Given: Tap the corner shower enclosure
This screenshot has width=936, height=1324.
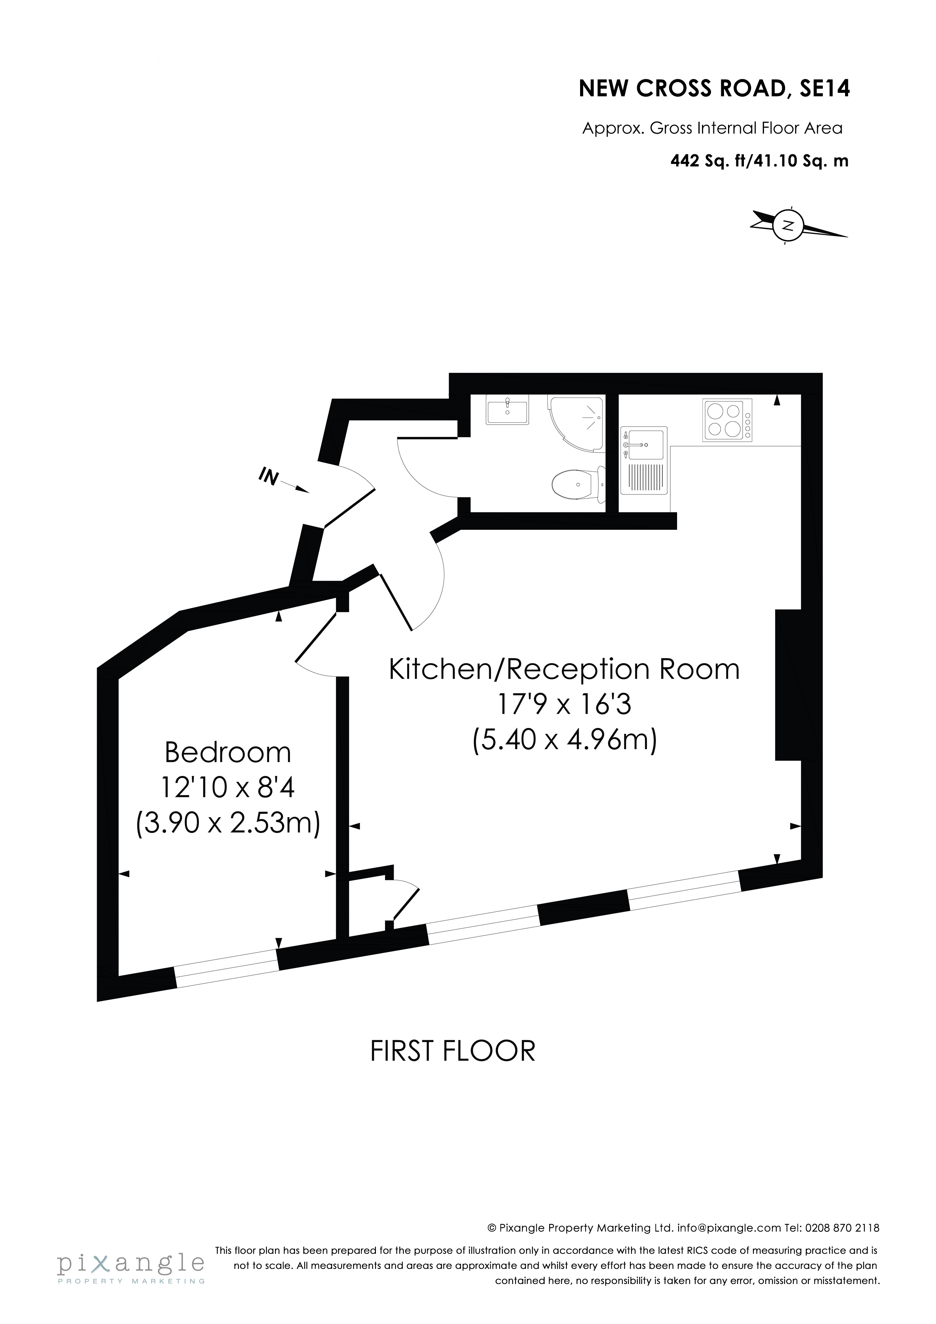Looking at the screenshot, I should click(x=580, y=423).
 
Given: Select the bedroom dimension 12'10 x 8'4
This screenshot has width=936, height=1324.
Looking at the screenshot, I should click(x=228, y=787).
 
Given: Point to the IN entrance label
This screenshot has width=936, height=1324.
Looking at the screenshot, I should click(x=269, y=476).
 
